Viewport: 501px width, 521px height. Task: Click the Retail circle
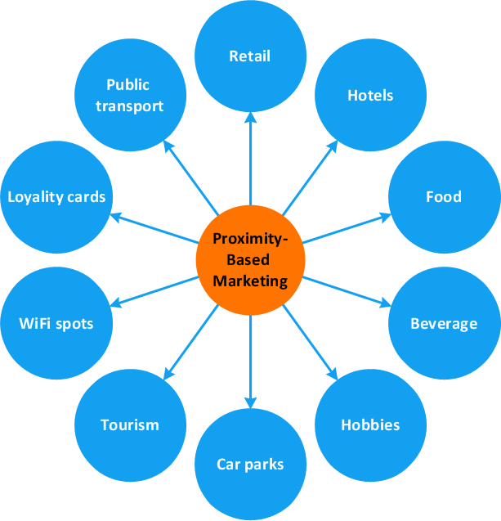click(x=250, y=56)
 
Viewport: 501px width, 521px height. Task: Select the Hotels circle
click(x=370, y=96)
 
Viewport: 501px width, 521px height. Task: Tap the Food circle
click(x=444, y=197)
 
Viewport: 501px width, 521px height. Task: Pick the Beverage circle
click(x=444, y=324)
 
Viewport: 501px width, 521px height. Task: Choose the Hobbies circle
click(x=370, y=425)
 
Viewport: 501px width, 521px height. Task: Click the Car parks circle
click(x=250, y=465)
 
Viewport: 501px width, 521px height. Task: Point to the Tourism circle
click(x=130, y=425)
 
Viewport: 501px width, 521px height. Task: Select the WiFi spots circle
click(x=56, y=324)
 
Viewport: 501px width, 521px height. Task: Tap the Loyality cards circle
click(x=56, y=197)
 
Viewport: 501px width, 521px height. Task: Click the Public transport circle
click(x=130, y=96)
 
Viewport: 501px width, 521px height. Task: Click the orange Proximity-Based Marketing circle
click(x=250, y=261)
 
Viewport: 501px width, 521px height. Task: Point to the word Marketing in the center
click(x=250, y=281)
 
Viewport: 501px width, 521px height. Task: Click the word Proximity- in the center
click(x=250, y=240)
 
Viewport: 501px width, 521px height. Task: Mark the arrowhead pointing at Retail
click(x=250, y=117)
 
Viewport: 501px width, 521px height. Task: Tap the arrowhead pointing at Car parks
click(x=250, y=404)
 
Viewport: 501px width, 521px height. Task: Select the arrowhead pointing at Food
click(x=386, y=217)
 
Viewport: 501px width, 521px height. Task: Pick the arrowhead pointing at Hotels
click(x=333, y=146)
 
